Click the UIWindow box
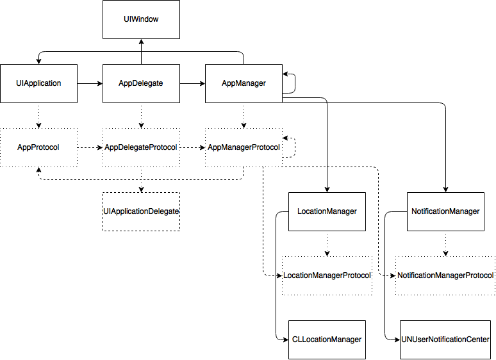141,19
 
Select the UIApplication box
38,83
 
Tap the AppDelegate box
141,83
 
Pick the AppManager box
244,83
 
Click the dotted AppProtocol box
38,147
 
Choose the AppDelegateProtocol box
141,147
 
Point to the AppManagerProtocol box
244,147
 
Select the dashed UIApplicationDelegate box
141,211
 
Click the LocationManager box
327,211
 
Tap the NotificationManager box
445,211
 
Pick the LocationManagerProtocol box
327,275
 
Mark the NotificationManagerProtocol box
445,275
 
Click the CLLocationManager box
327,340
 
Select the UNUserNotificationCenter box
445,340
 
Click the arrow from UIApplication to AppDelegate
90,83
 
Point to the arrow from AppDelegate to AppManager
192,83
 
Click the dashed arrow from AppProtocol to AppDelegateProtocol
90,147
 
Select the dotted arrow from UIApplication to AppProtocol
38,115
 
